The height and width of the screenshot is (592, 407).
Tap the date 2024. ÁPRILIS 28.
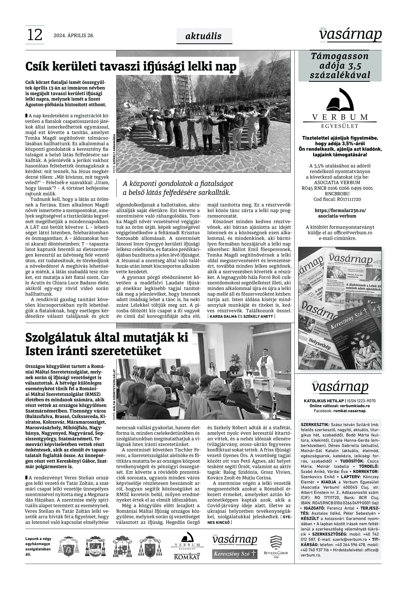point(74,35)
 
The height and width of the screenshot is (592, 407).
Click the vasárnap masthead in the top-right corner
point(351,34)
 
